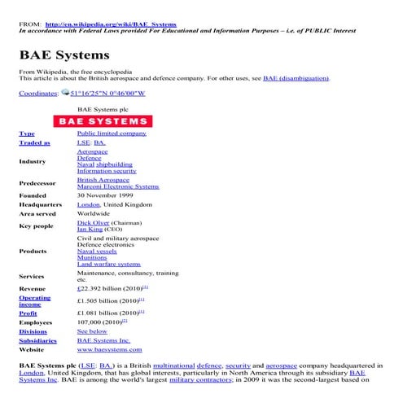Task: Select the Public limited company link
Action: point(112,133)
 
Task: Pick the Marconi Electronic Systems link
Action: point(118,187)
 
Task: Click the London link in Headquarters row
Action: point(88,205)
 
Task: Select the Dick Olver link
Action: point(92,222)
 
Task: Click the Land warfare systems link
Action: point(109,264)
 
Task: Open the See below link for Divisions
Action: point(92,332)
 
